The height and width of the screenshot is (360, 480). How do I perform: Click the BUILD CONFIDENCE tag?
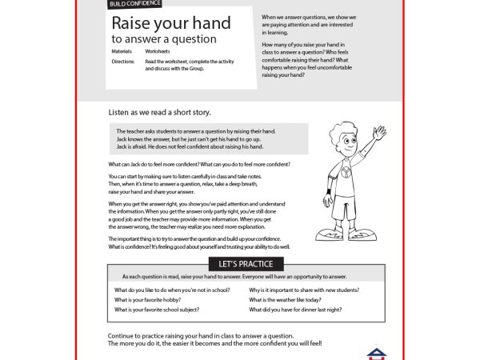tap(134, 4)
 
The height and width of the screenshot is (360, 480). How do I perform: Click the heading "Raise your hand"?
tap(170, 22)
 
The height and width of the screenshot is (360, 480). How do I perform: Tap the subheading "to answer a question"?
tap(163, 38)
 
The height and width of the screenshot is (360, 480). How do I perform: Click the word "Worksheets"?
tap(158, 51)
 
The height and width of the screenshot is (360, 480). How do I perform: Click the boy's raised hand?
tap(378, 132)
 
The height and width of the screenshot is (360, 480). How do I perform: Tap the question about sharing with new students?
tap(304, 290)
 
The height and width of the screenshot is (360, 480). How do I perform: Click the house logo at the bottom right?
tap(375, 353)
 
